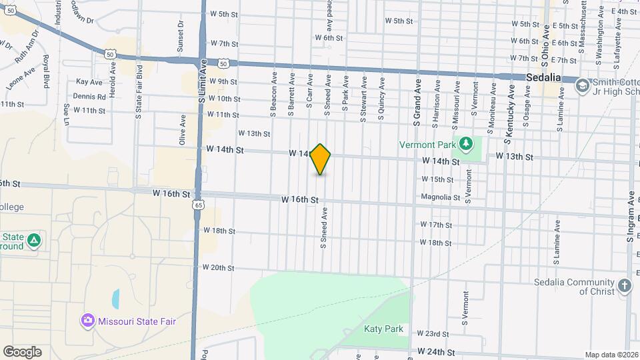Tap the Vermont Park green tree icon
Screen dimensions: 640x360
tap(467, 143)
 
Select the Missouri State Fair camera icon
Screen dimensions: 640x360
tap(87, 321)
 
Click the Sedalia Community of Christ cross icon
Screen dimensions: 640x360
tap(624, 286)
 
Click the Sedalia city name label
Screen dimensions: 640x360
tap(544, 77)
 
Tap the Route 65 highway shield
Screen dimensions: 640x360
tap(199, 205)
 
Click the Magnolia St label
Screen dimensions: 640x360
tap(441, 197)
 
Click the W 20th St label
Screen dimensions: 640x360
tap(218, 268)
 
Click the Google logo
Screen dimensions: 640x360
tap(22, 351)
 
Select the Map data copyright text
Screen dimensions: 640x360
tap(611, 355)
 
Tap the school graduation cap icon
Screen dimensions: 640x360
tap(582, 85)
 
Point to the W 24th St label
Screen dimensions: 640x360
tap(437, 351)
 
